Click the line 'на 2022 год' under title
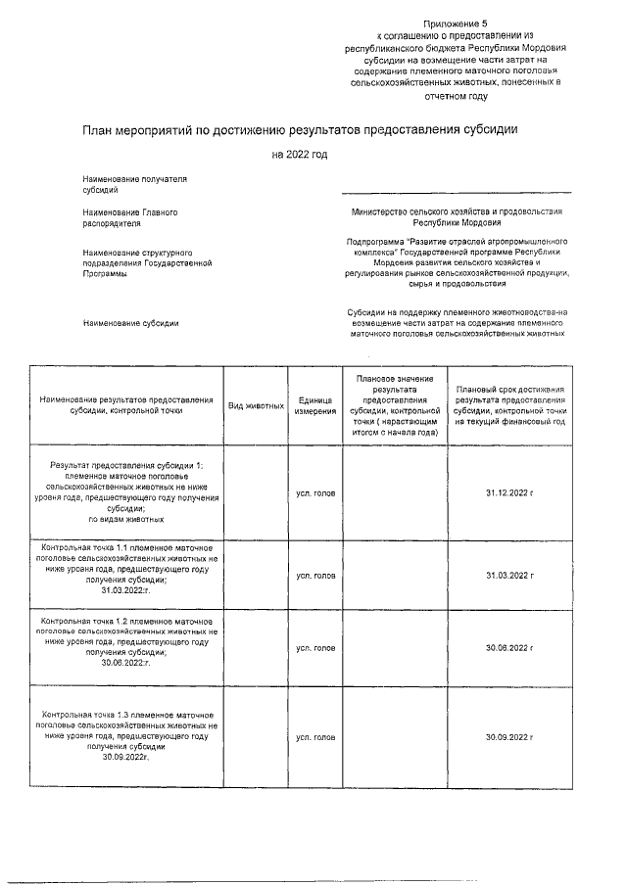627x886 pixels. pos(300,154)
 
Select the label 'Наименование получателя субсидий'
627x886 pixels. pos(121,185)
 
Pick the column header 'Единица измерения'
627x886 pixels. pos(314,406)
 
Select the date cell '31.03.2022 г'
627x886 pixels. pos(509,575)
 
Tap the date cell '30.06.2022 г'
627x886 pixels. pos(509,648)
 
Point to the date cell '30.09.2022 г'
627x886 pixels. pos(509,736)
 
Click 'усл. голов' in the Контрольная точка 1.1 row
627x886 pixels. pos(314,575)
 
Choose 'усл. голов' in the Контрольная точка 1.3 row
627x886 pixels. pos(314,736)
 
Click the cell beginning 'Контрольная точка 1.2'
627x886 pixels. pos(126,642)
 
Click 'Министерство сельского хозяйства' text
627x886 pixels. pos(457,211)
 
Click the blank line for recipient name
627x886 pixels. pos(457,191)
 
